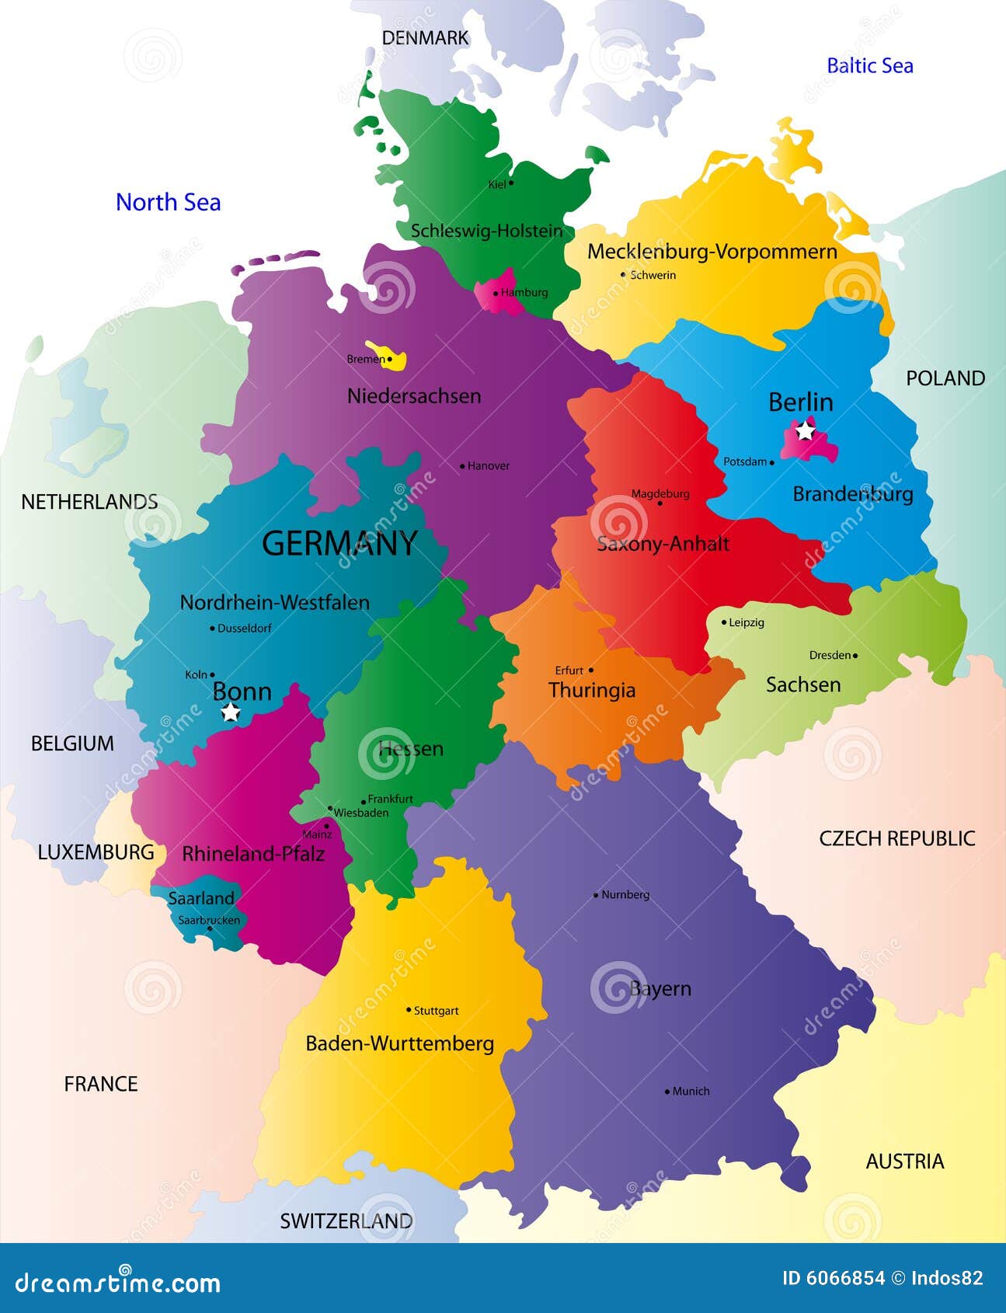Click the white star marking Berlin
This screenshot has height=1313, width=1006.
pyautogui.click(x=806, y=430)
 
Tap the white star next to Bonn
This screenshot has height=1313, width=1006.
pyautogui.click(x=230, y=712)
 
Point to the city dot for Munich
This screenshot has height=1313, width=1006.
pyautogui.click(x=667, y=1092)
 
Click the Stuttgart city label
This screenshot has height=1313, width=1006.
pyautogui.click(x=436, y=1011)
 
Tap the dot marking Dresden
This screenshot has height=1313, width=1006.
pyautogui.click(x=855, y=656)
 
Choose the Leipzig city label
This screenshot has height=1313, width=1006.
pyautogui.click(x=747, y=622)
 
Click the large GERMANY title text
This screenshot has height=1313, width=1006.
pyautogui.click(x=339, y=543)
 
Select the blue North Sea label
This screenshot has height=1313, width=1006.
pyautogui.click(x=168, y=202)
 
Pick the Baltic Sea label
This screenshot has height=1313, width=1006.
pyautogui.click(x=869, y=66)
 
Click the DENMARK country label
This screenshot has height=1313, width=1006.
pyautogui.click(x=425, y=37)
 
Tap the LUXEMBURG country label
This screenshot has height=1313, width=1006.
pyautogui.click(x=96, y=852)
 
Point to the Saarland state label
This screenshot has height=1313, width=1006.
pyautogui.click(x=201, y=898)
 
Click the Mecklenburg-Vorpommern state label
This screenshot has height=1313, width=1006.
pyautogui.click(x=712, y=252)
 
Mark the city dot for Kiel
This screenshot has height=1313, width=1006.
pyautogui.click(x=511, y=183)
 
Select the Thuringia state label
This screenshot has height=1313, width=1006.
pyautogui.click(x=592, y=690)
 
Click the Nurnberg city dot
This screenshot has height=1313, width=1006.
pyautogui.click(x=596, y=895)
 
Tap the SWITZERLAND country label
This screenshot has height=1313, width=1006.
pyautogui.click(x=346, y=1221)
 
